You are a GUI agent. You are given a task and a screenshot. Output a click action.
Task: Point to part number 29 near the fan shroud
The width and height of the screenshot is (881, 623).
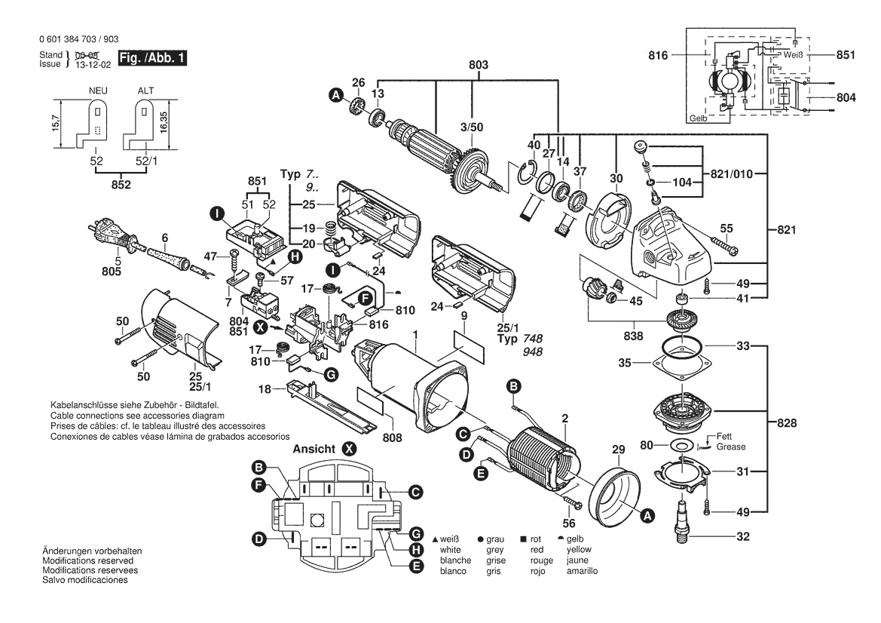pyautogui.click(x=618, y=450)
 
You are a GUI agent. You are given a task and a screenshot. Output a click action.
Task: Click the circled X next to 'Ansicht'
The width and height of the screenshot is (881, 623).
pyautogui.click(x=349, y=448)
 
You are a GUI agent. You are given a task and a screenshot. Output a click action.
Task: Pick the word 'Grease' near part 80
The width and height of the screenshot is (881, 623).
pyautogui.click(x=731, y=447)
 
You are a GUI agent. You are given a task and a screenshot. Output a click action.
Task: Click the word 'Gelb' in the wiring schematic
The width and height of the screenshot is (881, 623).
pyautogui.click(x=698, y=119)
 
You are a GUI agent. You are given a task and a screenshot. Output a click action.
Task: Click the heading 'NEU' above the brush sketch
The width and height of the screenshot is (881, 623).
pyautogui.click(x=97, y=91)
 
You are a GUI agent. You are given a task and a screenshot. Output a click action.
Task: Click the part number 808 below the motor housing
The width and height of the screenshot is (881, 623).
pyautogui.click(x=391, y=437)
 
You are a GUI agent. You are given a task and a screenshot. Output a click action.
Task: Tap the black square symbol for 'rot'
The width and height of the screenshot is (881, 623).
pyautogui.click(x=523, y=540)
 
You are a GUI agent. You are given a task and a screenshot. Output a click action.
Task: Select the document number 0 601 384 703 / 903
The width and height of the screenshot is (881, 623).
pyautogui.click(x=77, y=39)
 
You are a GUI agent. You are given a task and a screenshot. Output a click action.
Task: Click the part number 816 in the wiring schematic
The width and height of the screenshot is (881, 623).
pyautogui.click(x=659, y=56)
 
